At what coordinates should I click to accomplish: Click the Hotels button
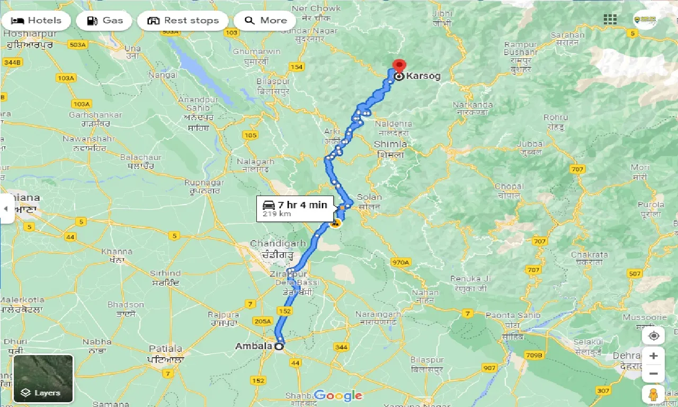(36, 21)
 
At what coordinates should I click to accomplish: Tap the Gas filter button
(106, 21)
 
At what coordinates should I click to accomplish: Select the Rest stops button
(183, 21)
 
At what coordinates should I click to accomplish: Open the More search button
(265, 21)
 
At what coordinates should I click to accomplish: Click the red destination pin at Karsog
(398, 66)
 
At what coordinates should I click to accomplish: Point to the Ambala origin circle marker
(279, 346)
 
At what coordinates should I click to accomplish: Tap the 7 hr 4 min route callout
(295, 208)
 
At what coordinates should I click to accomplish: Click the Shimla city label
(390, 144)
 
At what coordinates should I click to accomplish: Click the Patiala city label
(166, 349)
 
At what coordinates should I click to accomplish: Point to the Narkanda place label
(473, 105)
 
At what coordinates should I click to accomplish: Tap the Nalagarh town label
(256, 162)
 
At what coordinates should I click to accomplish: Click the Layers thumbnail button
(43, 378)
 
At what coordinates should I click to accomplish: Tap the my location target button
(654, 336)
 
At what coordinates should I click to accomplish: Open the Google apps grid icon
(610, 20)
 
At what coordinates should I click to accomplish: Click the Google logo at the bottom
(338, 395)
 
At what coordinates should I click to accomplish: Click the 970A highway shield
(401, 262)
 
